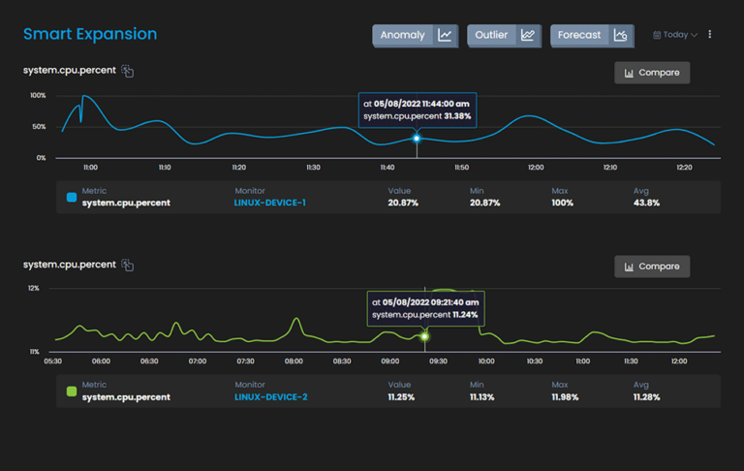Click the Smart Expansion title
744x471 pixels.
(x=90, y=35)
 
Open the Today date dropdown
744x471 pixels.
(x=675, y=35)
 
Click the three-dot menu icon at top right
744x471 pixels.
(x=710, y=35)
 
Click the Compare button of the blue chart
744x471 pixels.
(x=652, y=73)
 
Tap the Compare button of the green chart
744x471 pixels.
(x=652, y=267)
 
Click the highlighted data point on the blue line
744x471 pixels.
(x=417, y=138)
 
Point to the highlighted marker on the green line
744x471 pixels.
(x=424, y=336)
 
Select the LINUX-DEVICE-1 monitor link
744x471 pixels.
(x=270, y=203)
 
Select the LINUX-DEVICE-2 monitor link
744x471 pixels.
(x=270, y=396)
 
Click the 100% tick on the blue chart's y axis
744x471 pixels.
(x=38, y=96)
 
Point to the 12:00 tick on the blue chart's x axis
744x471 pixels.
(x=536, y=168)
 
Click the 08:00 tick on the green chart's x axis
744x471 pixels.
(x=294, y=361)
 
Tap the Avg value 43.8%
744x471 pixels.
(x=646, y=203)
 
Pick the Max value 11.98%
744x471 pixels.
(x=568, y=396)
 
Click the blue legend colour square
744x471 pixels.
(x=71, y=197)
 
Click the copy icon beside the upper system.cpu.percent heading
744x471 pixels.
(x=128, y=72)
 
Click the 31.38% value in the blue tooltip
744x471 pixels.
(x=457, y=116)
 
